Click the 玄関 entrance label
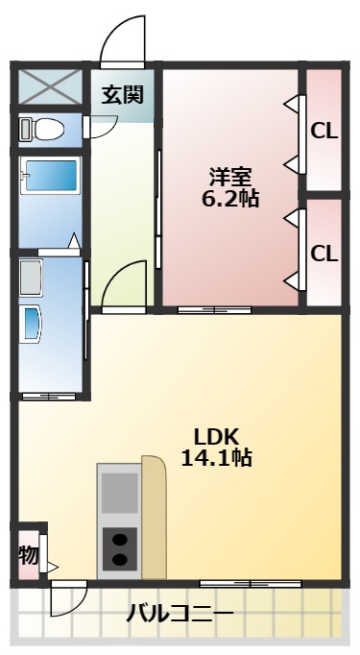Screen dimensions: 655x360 point(122,94)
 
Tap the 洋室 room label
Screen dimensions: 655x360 point(231,177)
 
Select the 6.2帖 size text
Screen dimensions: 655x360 point(231,199)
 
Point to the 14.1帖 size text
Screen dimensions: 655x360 point(217,458)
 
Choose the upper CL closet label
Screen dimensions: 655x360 point(324,131)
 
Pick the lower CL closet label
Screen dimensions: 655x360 point(324,255)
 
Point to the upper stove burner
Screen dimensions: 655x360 point(120,539)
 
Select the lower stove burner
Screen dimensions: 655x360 point(120,560)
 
